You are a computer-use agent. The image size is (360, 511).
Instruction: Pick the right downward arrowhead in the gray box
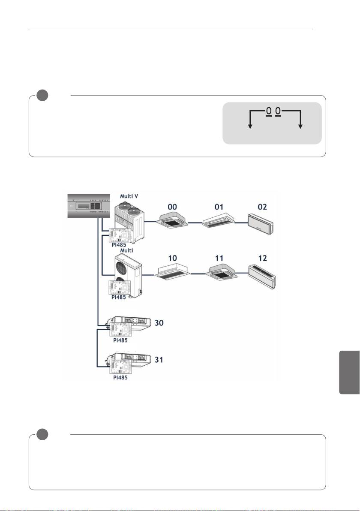pos(300,126)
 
